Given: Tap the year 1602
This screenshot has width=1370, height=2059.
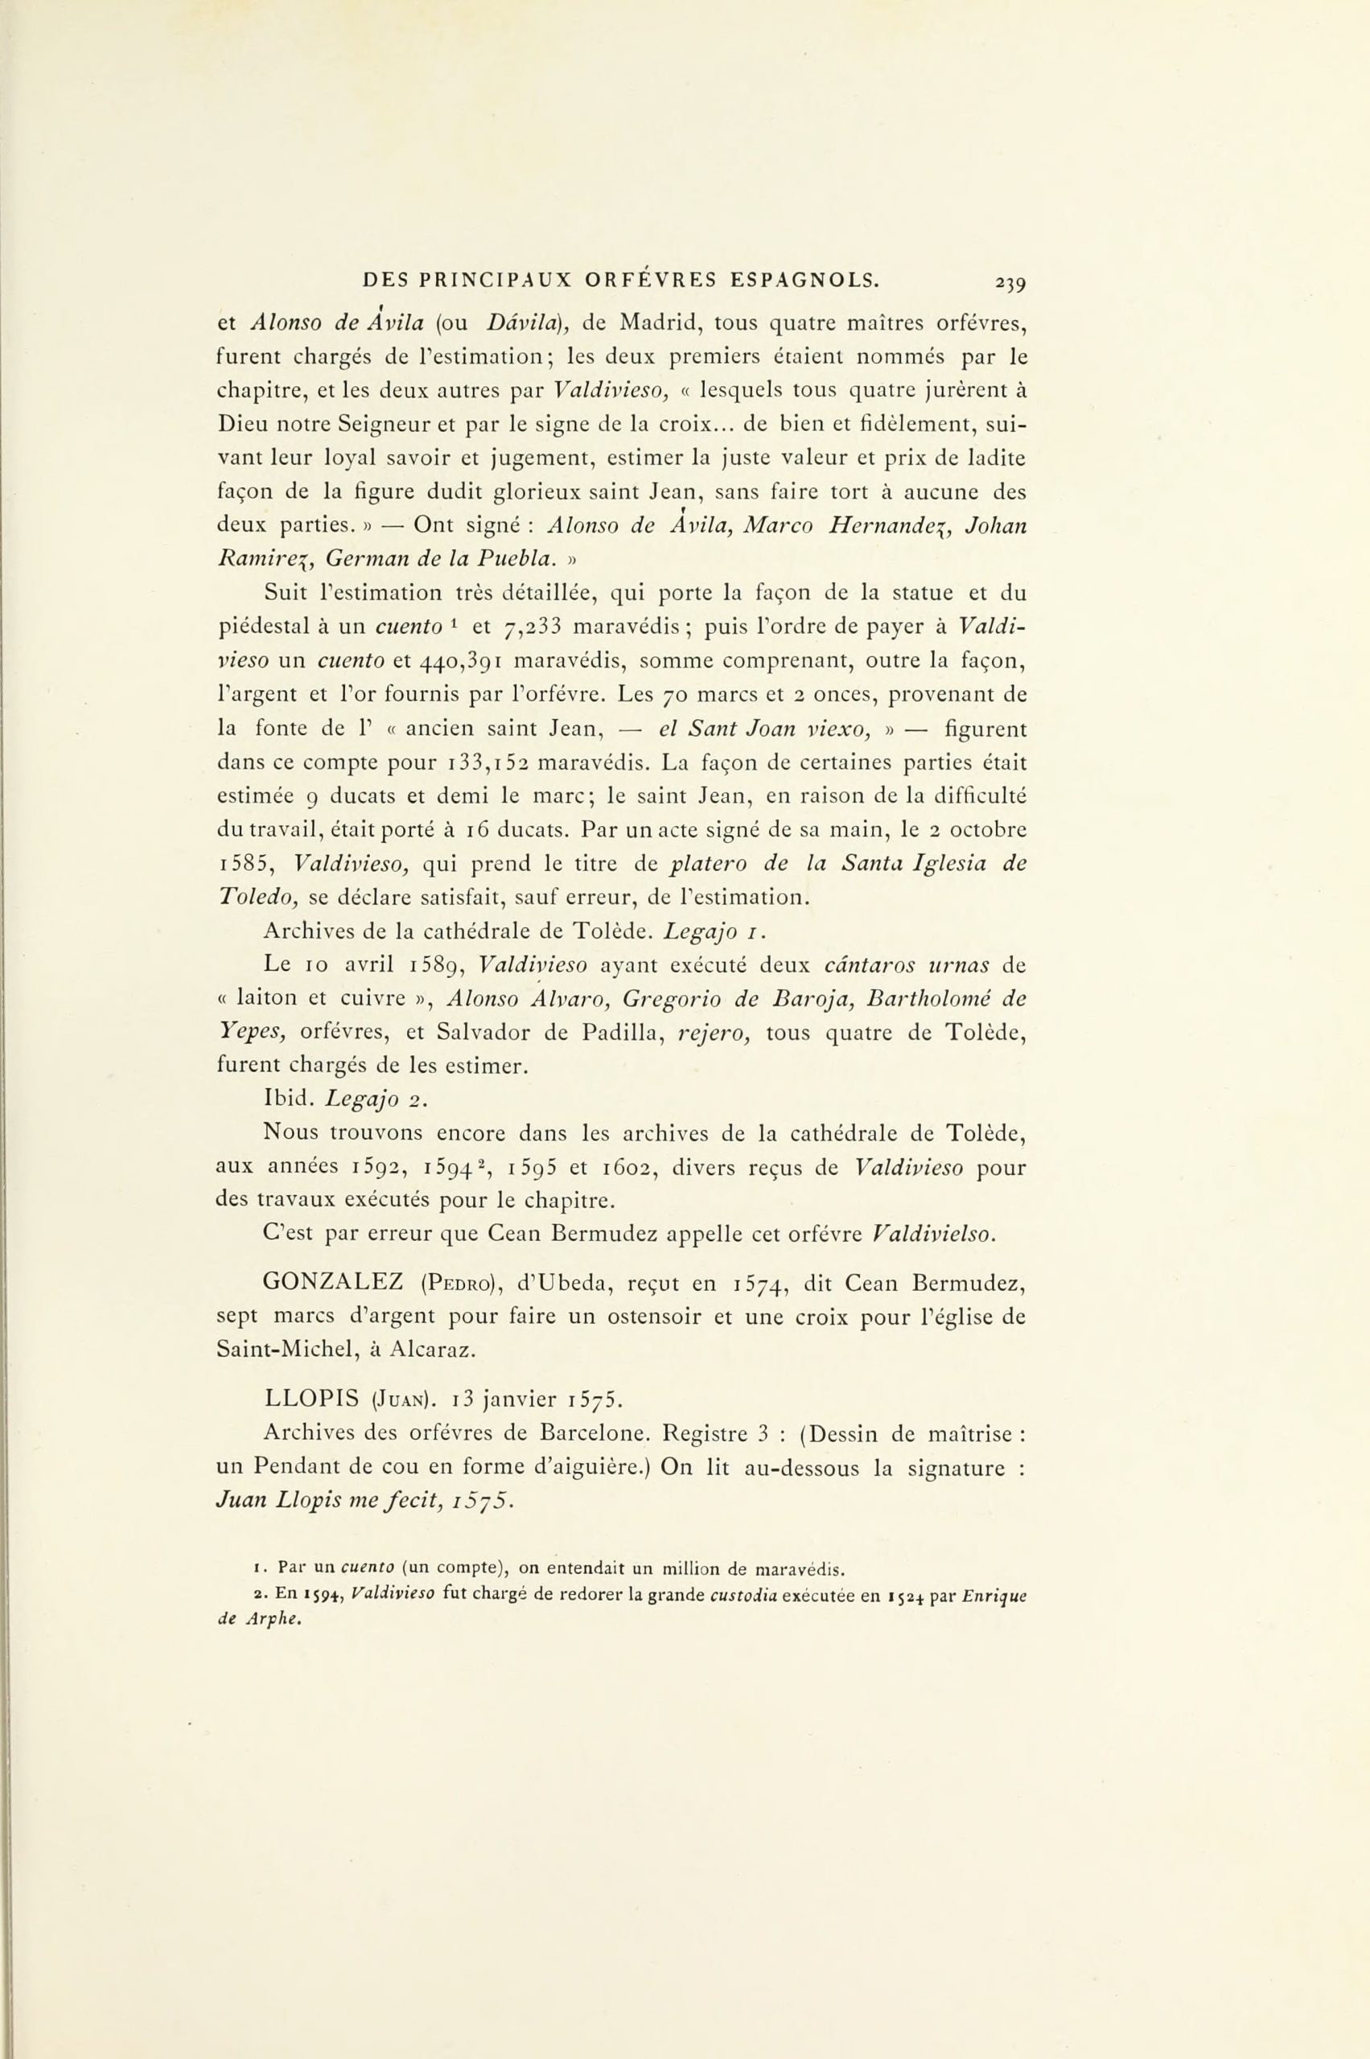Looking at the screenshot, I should [x=627, y=1167].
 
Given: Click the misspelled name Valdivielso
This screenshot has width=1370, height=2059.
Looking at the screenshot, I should [x=934, y=1235].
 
